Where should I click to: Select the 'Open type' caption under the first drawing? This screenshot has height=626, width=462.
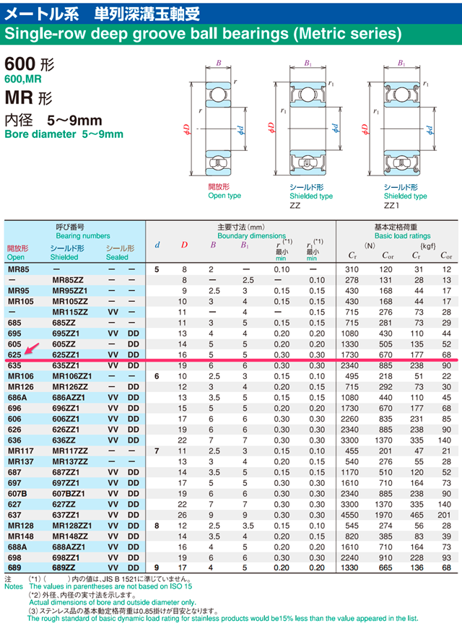[x=225, y=196]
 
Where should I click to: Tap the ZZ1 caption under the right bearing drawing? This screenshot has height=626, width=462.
[x=393, y=206]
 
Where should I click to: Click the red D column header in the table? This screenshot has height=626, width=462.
[x=184, y=245]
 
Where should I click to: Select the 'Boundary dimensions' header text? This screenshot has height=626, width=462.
[x=251, y=236]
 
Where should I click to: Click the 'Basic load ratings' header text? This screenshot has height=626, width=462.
[x=402, y=236]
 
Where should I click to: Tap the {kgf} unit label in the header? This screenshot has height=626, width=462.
[x=428, y=245]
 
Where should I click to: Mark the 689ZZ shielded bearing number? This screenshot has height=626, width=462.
[x=64, y=568]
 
